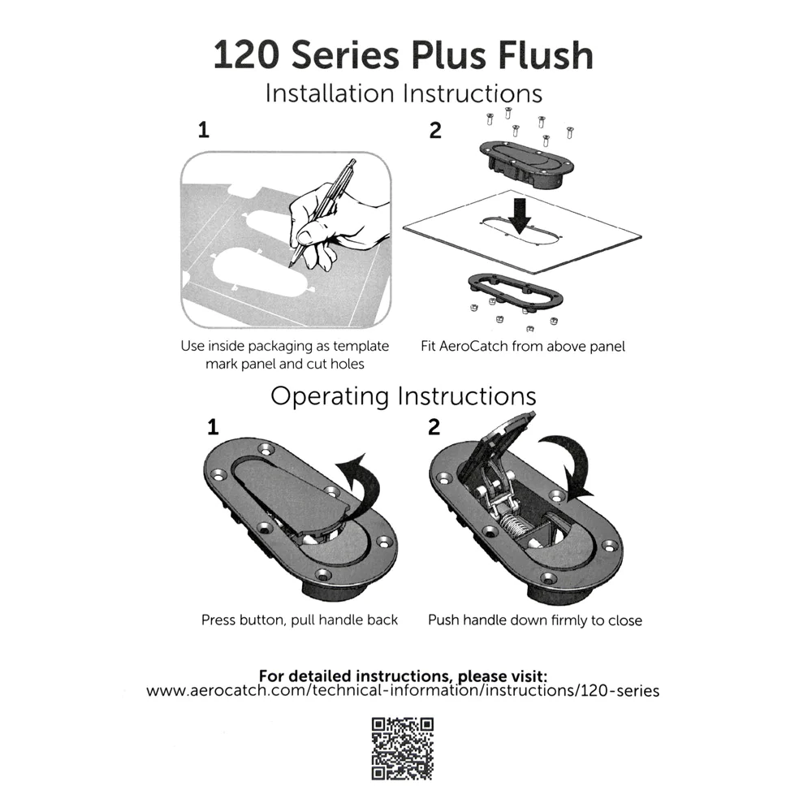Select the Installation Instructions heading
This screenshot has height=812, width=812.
coord(404,93)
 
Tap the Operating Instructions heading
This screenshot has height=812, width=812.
coord(404,396)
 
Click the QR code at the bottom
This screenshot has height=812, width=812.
coord(403,749)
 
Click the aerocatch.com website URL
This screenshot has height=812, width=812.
coord(404,691)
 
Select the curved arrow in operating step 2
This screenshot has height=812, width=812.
coord(577,464)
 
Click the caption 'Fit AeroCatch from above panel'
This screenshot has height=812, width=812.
coord(523,347)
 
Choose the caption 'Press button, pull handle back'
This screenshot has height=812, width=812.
coord(300,620)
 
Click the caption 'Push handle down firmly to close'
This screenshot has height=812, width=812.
coord(535,621)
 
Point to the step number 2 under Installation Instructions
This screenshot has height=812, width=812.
coord(435,130)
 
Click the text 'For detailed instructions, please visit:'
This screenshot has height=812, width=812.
coord(404,676)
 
